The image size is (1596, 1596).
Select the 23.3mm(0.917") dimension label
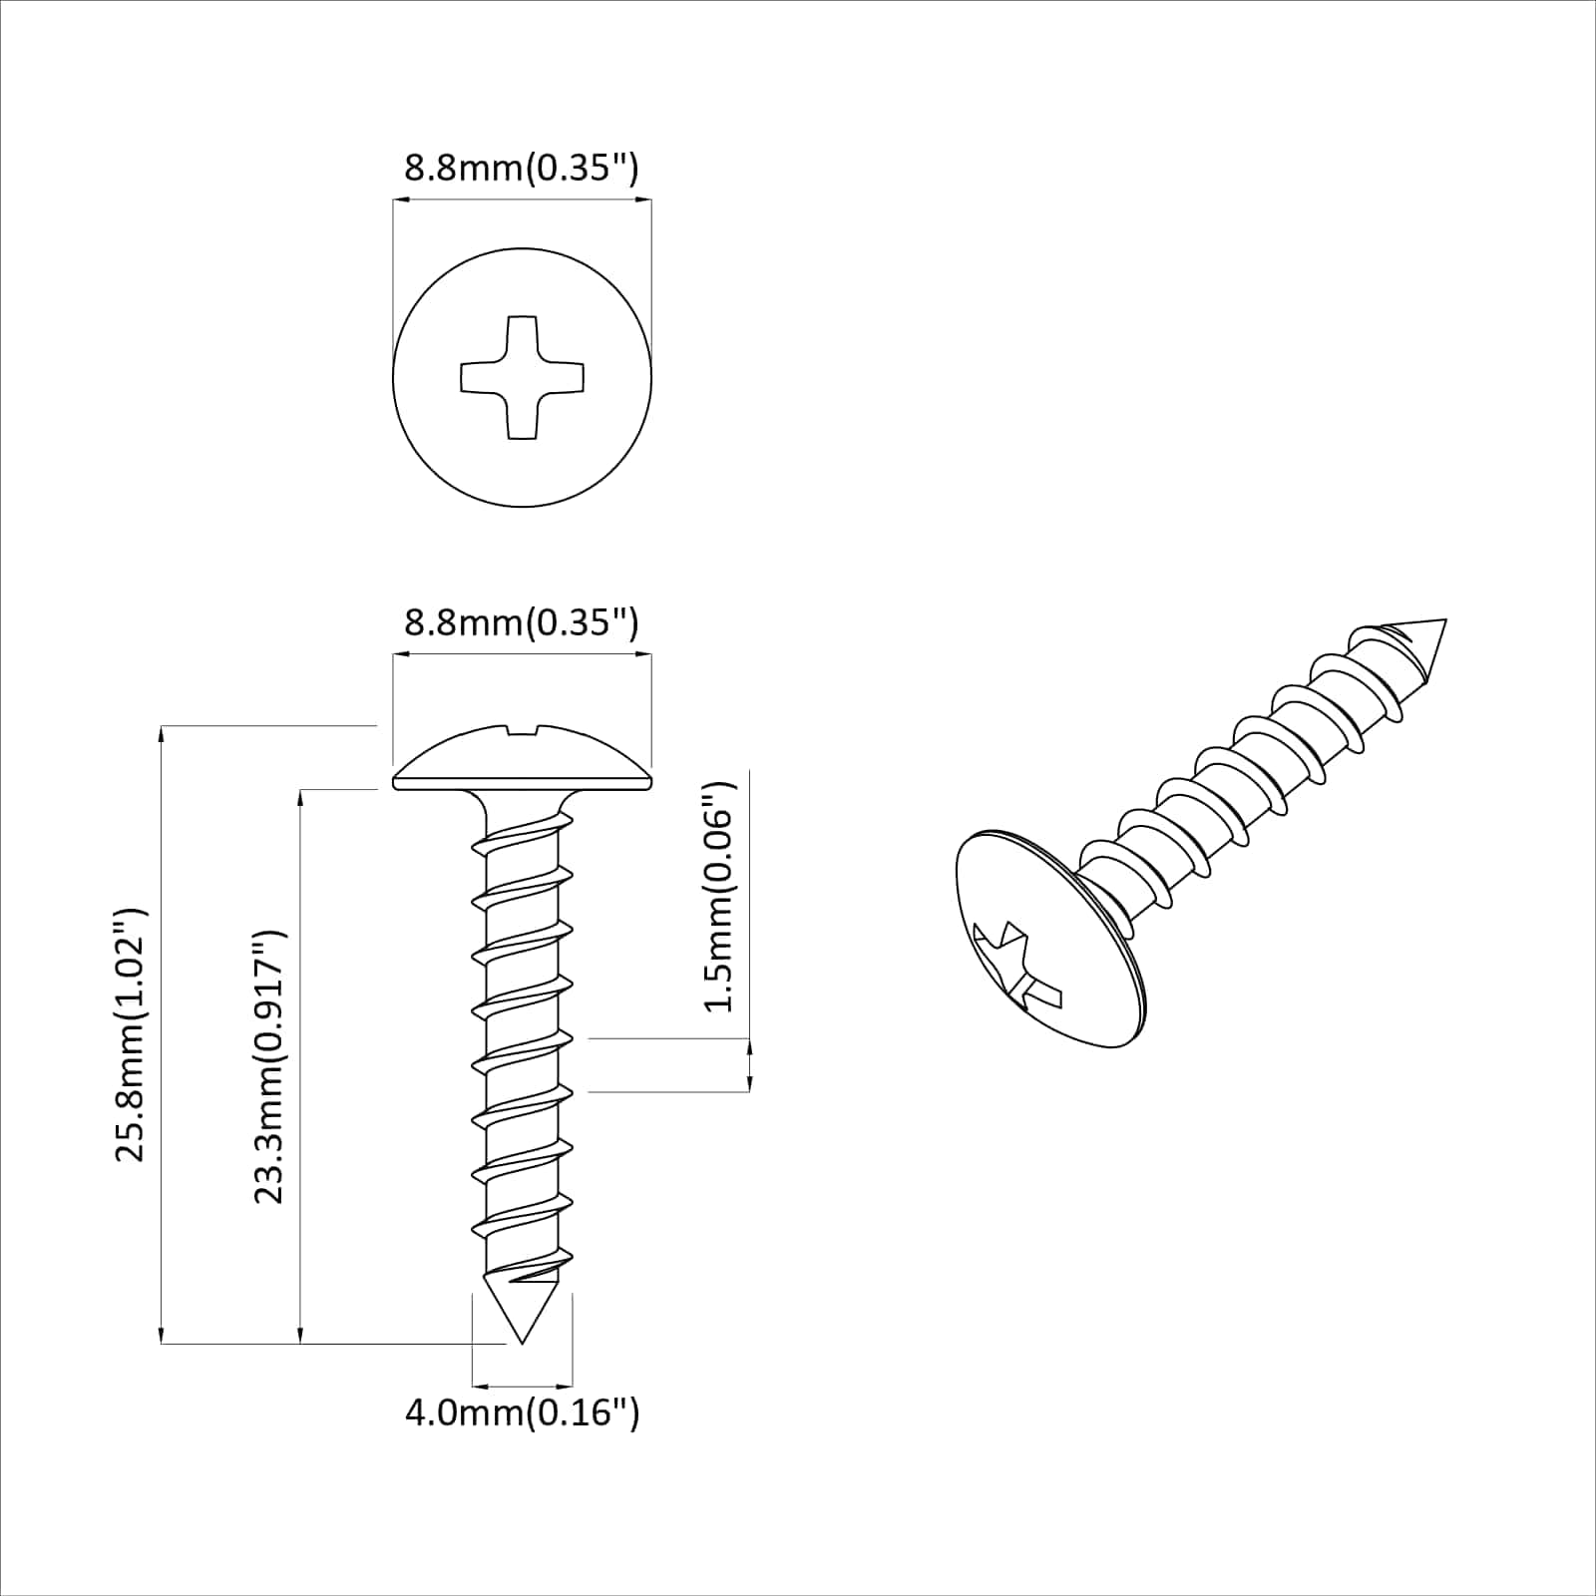coord(269,1066)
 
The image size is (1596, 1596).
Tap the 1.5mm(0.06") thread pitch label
coord(719,896)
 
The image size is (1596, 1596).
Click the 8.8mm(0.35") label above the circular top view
coord(521,168)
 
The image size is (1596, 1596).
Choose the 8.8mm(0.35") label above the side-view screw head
coord(521,622)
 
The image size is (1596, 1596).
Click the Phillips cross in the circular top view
coord(522,377)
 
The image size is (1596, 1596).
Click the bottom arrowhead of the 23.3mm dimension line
coord(300,1336)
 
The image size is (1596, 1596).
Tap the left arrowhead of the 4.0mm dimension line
coord(478,1386)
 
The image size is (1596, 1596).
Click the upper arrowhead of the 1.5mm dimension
coord(749,1045)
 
